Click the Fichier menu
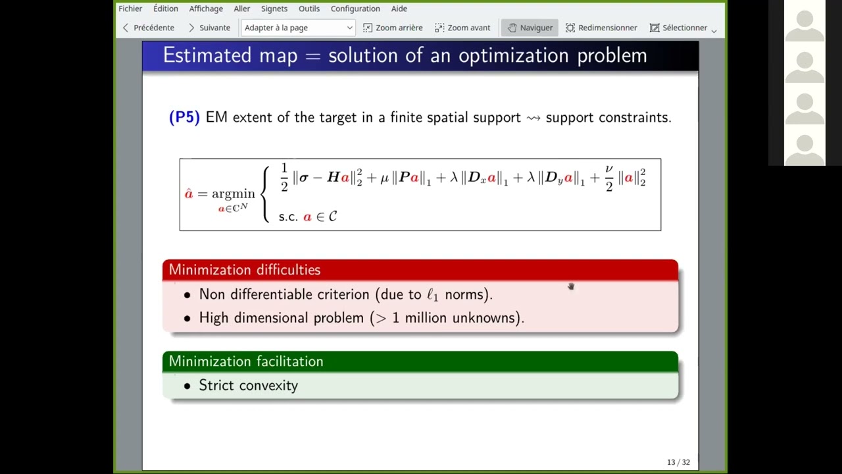[130, 9]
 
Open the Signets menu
[274, 9]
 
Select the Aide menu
[399, 9]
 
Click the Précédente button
[149, 28]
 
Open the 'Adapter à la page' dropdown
[298, 28]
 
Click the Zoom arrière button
[393, 28]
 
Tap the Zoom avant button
[462, 28]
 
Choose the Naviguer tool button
[530, 28]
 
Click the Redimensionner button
[601, 28]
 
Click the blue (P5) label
[184, 117]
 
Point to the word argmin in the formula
[233, 194]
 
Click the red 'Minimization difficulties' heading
[244, 270]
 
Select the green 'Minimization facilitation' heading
[246, 361]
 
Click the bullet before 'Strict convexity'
[187, 386]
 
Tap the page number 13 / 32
[678, 462]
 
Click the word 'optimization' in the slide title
[514, 56]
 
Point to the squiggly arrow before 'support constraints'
[533, 118]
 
